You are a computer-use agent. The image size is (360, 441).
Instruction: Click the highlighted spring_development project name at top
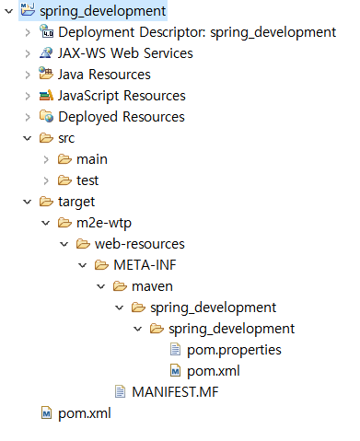[102, 11]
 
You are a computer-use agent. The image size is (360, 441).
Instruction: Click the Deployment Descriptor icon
[46, 31]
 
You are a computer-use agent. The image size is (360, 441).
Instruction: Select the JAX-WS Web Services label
[125, 53]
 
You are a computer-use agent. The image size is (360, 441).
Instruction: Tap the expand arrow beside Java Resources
[28, 75]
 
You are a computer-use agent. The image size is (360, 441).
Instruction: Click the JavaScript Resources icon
[46, 95]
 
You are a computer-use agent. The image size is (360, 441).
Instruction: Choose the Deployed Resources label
[122, 117]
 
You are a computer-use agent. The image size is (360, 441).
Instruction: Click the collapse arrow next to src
[28, 138]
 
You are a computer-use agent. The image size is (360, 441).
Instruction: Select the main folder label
[92, 159]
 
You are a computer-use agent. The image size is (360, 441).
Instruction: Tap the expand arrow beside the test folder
[46, 180]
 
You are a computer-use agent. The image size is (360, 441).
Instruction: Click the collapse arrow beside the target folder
[28, 202]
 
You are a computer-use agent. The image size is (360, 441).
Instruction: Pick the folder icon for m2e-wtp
[64, 223]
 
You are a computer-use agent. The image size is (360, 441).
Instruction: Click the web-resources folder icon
[83, 244]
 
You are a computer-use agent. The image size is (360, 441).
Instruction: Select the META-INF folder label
[145, 265]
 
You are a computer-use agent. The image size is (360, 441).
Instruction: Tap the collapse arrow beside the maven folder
[101, 286]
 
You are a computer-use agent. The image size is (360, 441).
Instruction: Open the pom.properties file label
[234, 350]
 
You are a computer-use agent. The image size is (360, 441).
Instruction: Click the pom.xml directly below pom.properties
[214, 371]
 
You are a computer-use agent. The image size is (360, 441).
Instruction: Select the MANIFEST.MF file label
[175, 392]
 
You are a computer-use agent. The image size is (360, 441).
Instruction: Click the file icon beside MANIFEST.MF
[120, 391]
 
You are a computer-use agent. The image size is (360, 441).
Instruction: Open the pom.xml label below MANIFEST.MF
[85, 413]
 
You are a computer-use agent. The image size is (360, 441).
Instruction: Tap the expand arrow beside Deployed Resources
[28, 117]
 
